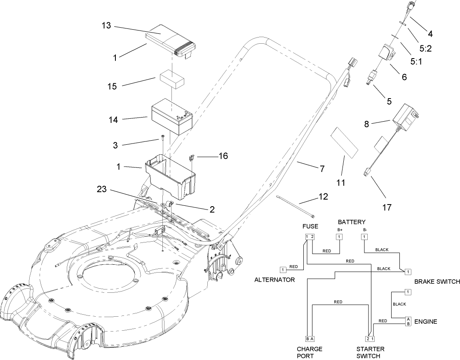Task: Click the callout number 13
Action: tap(106, 26)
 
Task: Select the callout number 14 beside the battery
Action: tap(113, 120)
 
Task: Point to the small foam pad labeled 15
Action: tap(172, 79)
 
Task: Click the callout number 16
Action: tap(223, 156)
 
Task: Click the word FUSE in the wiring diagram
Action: tap(310, 226)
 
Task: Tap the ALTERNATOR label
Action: tap(275, 280)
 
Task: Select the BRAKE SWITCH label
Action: tap(437, 282)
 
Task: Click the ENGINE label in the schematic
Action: tap(425, 321)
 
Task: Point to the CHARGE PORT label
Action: tap(309, 352)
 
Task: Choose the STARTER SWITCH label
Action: tap(368, 352)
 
